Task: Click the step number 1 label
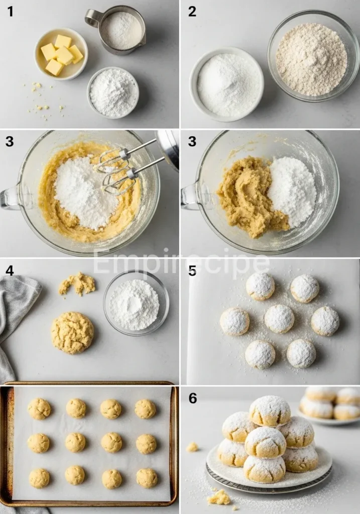click(10, 12)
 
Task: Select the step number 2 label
click(192, 12)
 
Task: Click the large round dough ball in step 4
click(72, 332)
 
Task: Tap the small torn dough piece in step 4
click(77, 284)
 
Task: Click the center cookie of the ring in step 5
click(279, 318)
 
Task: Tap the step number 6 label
click(192, 399)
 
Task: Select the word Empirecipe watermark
click(181, 263)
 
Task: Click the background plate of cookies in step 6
click(329, 404)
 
